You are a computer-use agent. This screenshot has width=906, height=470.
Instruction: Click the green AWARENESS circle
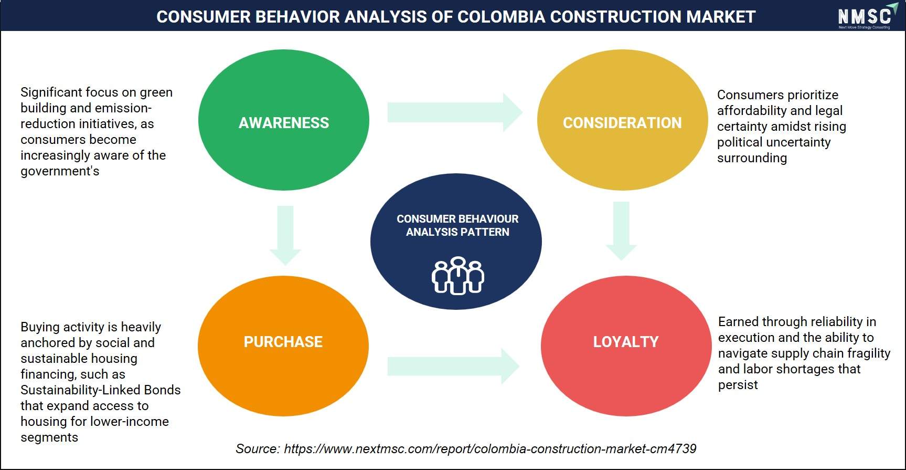pyautogui.click(x=283, y=120)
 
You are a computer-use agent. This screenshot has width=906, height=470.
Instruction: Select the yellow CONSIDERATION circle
pyautogui.click(x=622, y=120)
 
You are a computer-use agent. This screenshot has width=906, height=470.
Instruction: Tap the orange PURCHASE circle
pyautogui.click(x=283, y=346)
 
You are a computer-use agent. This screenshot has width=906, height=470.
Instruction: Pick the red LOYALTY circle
pyautogui.click(x=626, y=346)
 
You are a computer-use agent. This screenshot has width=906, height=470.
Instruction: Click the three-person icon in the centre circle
pyautogui.click(x=457, y=276)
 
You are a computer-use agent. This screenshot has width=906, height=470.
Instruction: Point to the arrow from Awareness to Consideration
pyautogui.click(x=455, y=112)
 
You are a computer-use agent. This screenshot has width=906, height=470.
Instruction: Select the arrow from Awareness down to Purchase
pyautogui.click(x=285, y=235)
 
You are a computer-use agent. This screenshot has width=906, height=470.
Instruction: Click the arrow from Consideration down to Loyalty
pyautogui.click(x=621, y=231)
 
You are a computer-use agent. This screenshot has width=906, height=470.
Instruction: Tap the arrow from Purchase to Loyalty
pyautogui.click(x=453, y=366)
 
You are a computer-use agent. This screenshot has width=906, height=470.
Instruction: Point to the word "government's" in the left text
pyautogui.click(x=60, y=171)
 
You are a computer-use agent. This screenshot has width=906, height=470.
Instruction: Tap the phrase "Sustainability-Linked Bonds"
pyautogui.click(x=101, y=390)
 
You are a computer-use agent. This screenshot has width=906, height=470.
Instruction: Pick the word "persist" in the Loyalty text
pyautogui.click(x=738, y=385)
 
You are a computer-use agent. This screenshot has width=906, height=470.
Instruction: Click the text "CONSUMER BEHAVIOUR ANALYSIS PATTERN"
pyautogui.click(x=457, y=225)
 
